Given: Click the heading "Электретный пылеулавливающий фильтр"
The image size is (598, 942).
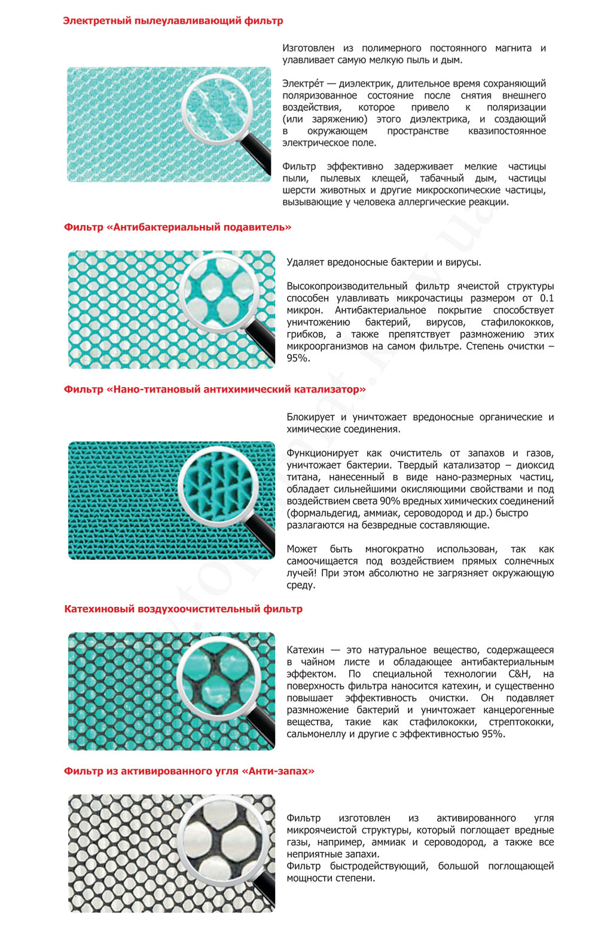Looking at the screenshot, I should coord(173,21).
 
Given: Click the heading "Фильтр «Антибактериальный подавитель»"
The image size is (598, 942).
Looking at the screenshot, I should coord(178,227).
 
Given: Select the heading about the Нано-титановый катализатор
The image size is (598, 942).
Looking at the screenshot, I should coord(215,389).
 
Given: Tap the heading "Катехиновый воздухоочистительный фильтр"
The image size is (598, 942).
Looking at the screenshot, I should coord(183,609).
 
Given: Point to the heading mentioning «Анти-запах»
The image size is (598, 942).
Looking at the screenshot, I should coord(189,771).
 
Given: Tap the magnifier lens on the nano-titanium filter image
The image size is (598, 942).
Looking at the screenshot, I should coord(218,483).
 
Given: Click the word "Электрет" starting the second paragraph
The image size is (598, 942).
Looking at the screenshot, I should coord(303,84).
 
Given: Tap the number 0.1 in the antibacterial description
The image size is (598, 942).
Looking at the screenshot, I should coord(547,298).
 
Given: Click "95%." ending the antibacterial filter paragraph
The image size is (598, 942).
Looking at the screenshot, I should coord(298,358).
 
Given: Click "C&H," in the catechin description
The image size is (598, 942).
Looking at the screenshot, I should coord(518,674).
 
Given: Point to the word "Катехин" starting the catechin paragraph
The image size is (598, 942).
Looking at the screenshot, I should coord(305,650).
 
